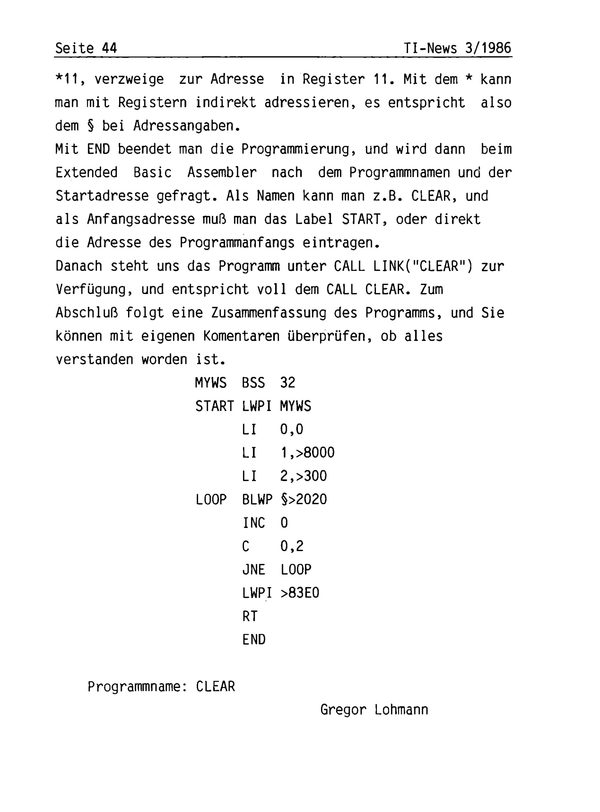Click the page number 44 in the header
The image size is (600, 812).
(109, 48)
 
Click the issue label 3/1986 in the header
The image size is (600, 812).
(488, 48)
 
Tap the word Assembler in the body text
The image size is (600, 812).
(222, 172)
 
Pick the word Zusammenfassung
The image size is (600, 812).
(269, 313)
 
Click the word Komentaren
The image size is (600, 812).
(241, 336)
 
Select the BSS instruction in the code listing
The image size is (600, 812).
(253, 383)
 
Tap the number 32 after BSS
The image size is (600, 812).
(288, 383)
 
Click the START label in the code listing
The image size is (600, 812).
(214, 406)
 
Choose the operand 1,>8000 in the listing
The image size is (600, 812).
(307, 453)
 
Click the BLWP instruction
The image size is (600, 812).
(257, 499)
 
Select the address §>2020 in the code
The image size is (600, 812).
(304, 499)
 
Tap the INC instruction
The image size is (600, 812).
(253, 523)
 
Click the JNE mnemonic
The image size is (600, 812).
(253, 570)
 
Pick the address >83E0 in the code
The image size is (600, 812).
(300, 593)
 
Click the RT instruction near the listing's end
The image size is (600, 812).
(250, 617)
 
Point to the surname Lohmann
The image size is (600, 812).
(401, 710)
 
